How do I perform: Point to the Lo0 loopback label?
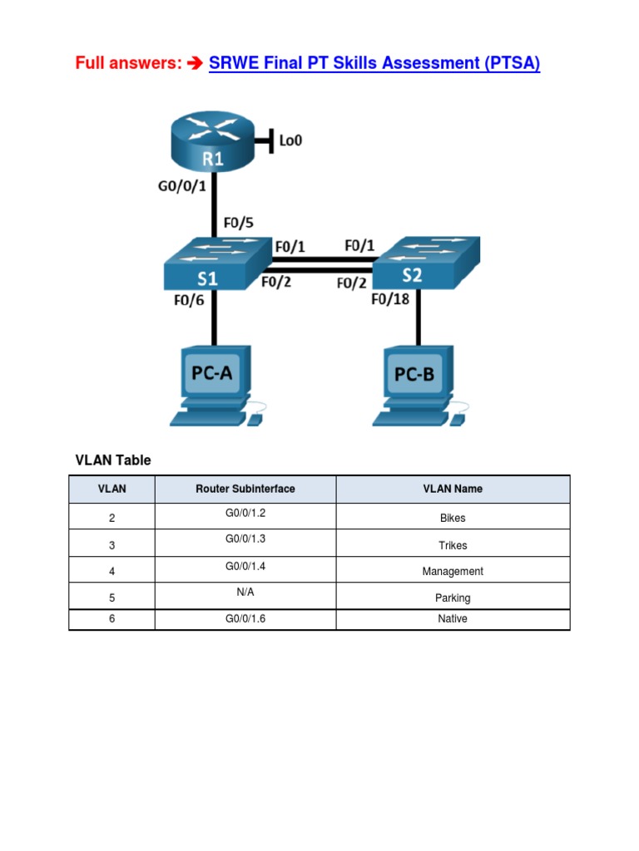[x=290, y=140]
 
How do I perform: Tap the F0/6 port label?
[x=189, y=301]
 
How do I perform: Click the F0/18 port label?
[x=390, y=300]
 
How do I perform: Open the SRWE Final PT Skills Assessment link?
[x=374, y=63]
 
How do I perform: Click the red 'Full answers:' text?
[x=128, y=63]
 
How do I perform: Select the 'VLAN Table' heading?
[x=113, y=460]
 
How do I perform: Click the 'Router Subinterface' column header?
[x=245, y=489]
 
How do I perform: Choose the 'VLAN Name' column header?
[x=453, y=489]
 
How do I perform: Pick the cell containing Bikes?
[x=453, y=518]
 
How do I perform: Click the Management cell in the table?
[x=453, y=571]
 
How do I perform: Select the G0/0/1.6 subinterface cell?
[x=245, y=618]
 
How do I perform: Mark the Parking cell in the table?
[x=453, y=598]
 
